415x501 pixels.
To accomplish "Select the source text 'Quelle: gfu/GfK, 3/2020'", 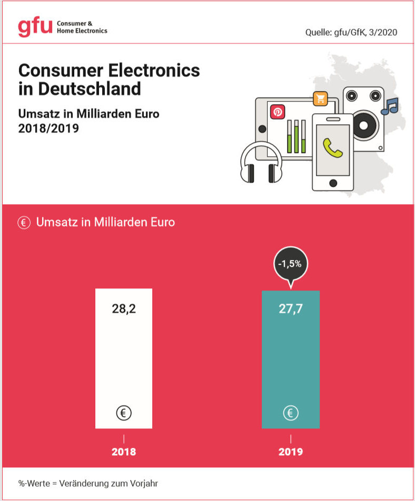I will click(351, 33).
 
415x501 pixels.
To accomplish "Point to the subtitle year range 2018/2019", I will click(48, 128).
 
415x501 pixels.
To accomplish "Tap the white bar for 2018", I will click(124, 358).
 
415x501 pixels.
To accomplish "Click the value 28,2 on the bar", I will click(124, 308).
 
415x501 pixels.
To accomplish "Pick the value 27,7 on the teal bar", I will click(290, 308).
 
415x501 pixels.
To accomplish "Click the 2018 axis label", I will click(124, 452).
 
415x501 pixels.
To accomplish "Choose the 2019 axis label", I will click(290, 452).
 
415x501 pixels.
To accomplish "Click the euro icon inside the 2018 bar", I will click(124, 413).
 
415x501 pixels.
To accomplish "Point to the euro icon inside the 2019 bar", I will click(290, 413).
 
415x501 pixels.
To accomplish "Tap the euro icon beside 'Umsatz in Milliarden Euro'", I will click(24, 223).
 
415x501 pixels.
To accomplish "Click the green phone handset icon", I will click(333, 147).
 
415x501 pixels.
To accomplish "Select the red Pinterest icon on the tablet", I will click(277, 112).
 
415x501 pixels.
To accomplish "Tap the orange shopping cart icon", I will click(320, 98).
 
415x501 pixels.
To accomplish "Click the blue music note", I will click(390, 106).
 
